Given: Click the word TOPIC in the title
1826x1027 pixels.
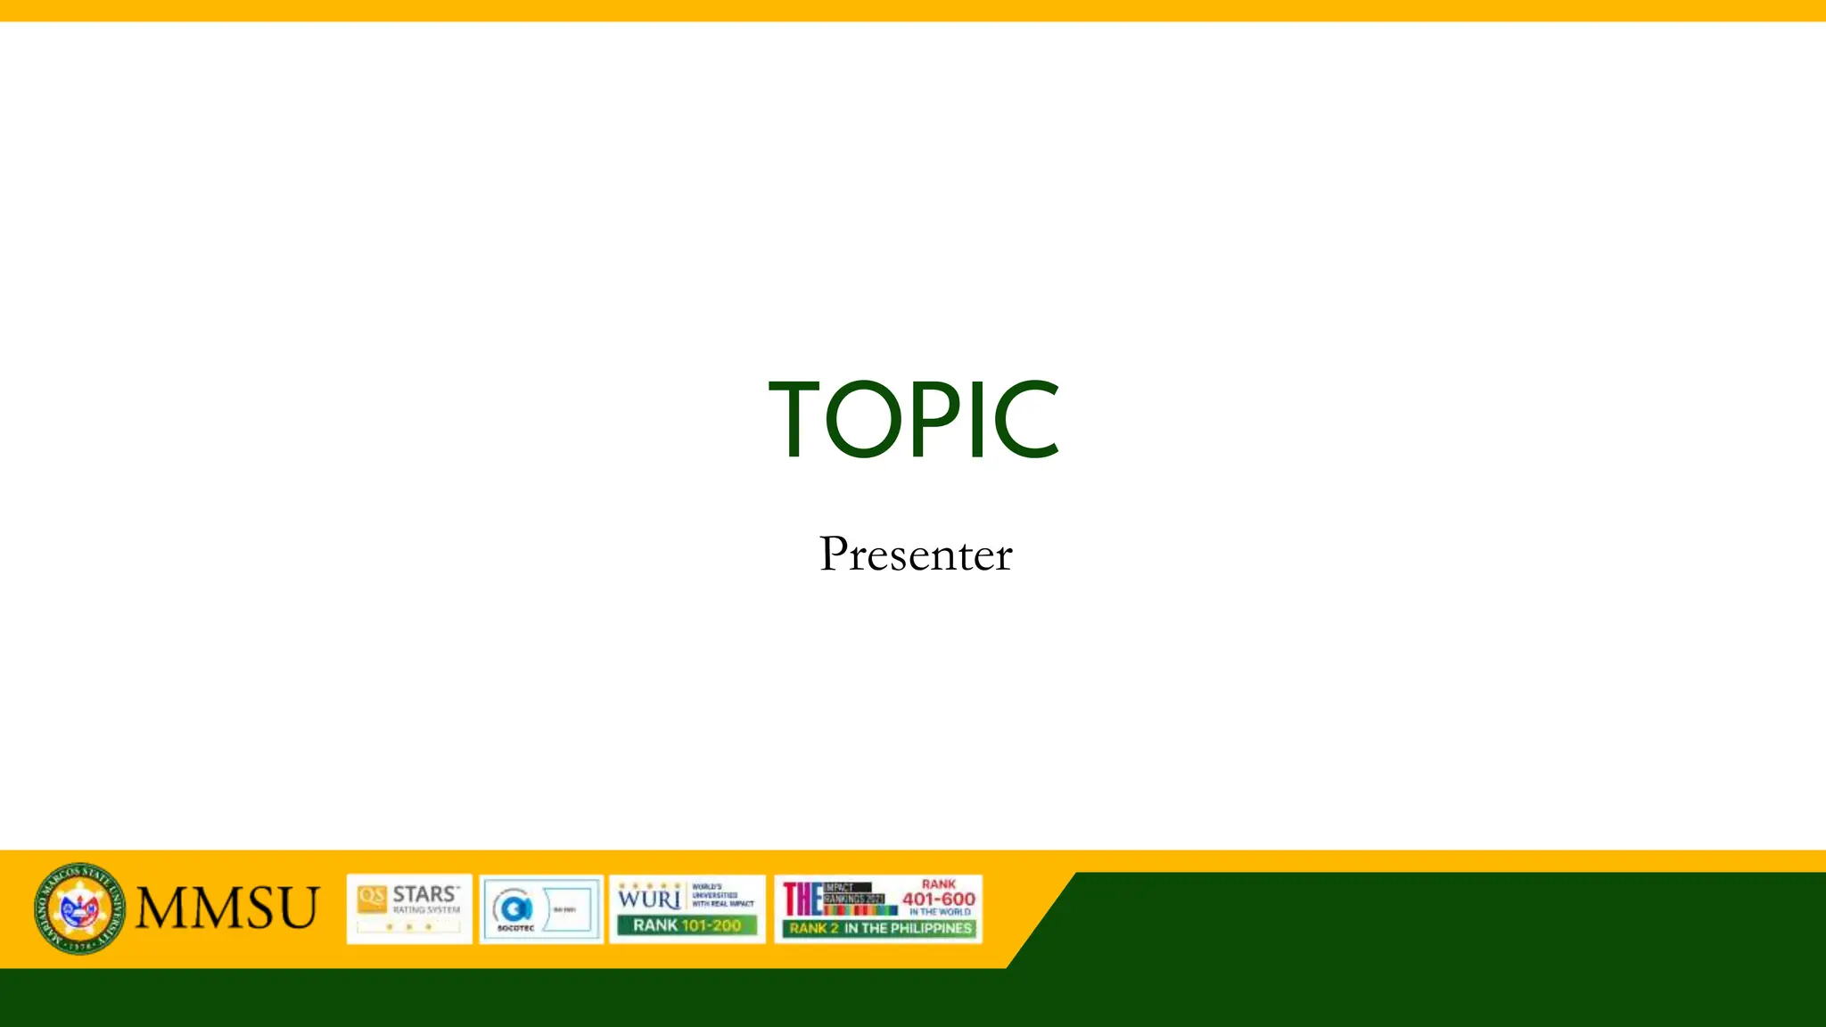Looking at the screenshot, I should click(914, 418).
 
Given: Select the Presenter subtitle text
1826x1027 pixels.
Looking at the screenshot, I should click(916, 554).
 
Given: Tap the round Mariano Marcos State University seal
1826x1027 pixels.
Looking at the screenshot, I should click(79, 908).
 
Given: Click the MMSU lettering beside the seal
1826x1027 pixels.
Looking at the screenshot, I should click(227, 908).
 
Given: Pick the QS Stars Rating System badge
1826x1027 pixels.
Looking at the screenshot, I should click(409, 908).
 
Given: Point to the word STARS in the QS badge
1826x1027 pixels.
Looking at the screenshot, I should click(425, 894).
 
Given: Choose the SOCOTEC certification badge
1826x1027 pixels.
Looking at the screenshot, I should click(541, 908).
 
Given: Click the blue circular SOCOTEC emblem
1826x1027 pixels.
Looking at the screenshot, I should click(515, 908).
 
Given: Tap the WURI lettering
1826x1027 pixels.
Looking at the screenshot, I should click(649, 898).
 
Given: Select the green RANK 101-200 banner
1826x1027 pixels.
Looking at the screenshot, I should click(687, 925).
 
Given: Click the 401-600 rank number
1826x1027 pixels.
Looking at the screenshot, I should click(939, 899).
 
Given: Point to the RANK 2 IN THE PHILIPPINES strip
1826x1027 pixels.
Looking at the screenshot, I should click(880, 928).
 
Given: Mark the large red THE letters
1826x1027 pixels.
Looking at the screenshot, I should click(802, 899).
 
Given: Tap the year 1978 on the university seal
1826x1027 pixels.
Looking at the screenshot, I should click(80, 945).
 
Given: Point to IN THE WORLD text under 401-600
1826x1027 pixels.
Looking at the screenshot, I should click(940, 912).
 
